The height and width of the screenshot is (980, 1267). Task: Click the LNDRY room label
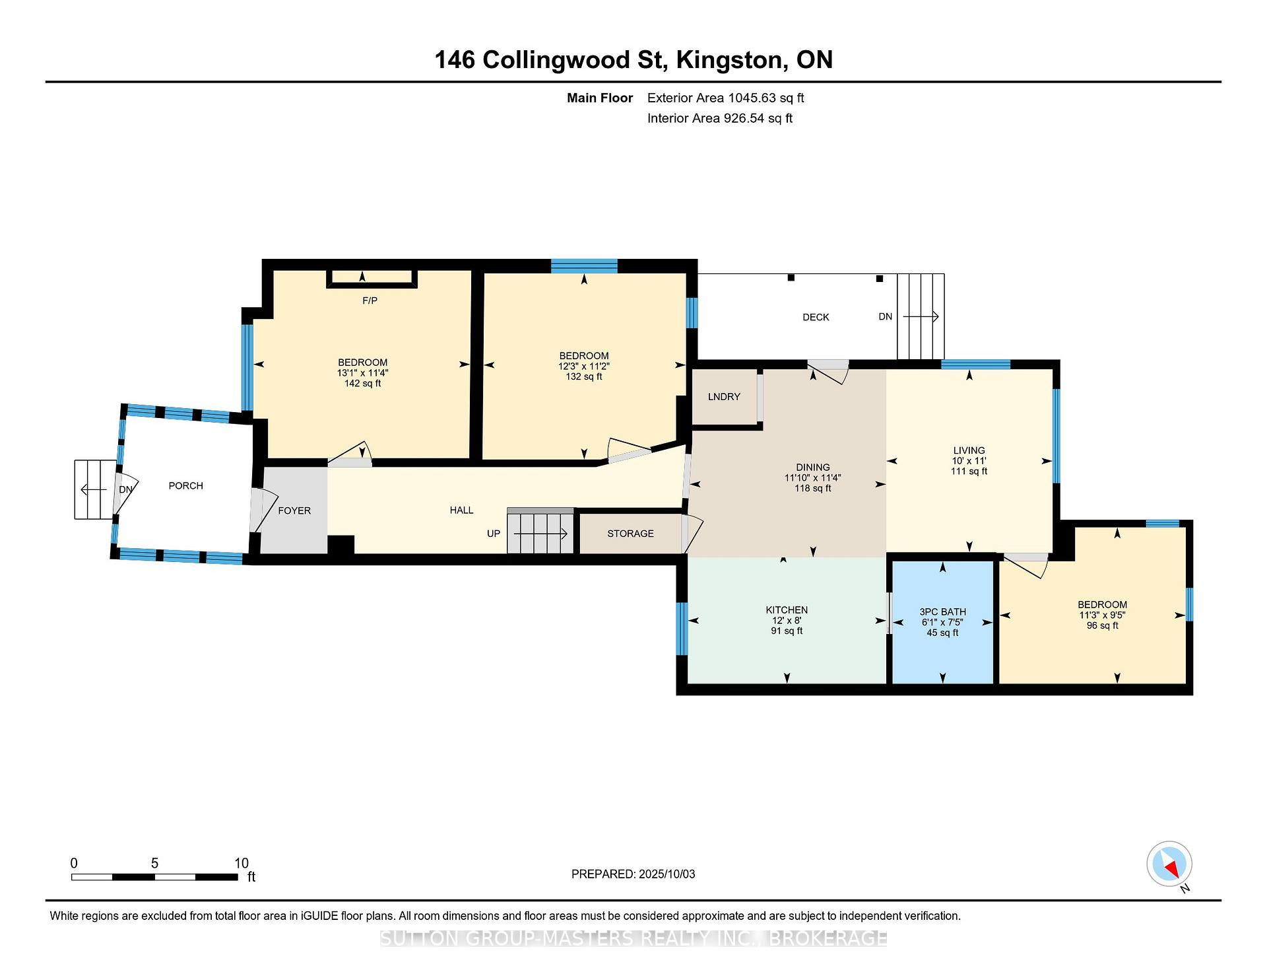pyautogui.click(x=724, y=397)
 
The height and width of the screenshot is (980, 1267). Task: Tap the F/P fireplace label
pyautogui.click(x=370, y=301)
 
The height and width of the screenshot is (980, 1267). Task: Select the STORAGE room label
pyautogui.click(x=630, y=534)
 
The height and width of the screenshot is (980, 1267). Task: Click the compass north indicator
pyautogui.click(x=1169, y=864)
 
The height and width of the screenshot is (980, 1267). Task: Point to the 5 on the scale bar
pyautogui.click(x=154, y=863)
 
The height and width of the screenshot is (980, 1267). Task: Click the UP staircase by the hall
pyautogui.click(x=540, y=531)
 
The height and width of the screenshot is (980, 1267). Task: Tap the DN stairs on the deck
pyautogui.click(x=921, y=317)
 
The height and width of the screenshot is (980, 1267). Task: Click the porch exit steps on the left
pyautogui.click(x=93, y=489)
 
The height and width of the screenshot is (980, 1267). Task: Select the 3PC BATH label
pyautogui.click(x=942, y=612)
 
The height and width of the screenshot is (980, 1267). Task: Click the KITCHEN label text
pyautogui.click(x=787, y=610)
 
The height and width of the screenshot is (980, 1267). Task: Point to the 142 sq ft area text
pyautogui.click(x=362, y=384)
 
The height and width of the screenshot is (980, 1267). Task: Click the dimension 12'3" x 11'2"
pyautogui.click(x=584, y=367)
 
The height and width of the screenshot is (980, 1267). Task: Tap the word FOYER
pyautogui.click(x=294, y=511)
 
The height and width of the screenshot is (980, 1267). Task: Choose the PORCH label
pyautogui.click(x=186, y=486)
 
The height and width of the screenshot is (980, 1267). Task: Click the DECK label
pyautogui.click(x=816, y=318)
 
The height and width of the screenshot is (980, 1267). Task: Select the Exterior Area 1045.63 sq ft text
pyautogui.click(x=725, y=98)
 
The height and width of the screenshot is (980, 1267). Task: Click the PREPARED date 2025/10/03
pyautogui.click(x=666, y=874)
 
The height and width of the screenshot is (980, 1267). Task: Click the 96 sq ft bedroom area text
pyautogui.click(x=1102, y=626)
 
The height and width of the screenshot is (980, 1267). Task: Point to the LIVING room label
pyautogui.click(x=969, y=451)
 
